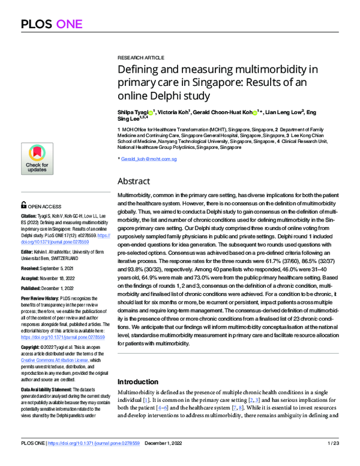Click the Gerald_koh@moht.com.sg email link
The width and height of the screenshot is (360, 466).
[x=149, y=159]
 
